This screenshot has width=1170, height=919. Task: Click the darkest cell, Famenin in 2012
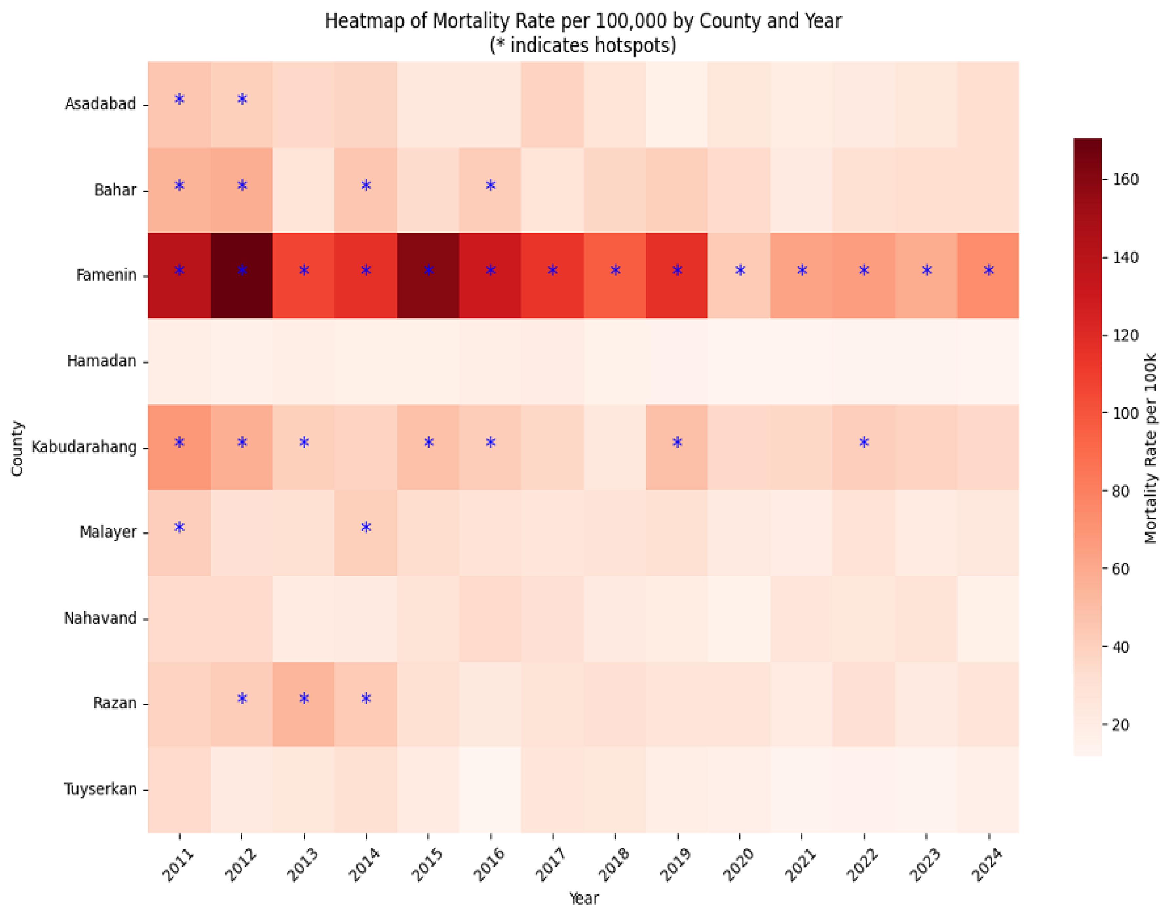pos(241,276)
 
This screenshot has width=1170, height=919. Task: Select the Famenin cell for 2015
pos(428,276)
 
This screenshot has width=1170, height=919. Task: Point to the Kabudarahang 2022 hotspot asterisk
pos(864,442)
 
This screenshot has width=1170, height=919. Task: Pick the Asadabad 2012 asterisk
pos(242,99)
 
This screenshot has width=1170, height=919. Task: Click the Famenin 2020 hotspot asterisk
pos(740,270)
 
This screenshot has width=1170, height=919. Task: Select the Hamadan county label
pos(102,361)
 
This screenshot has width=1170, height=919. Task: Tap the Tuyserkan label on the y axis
pos(101,789)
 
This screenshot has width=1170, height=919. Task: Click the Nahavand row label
pos(101,618)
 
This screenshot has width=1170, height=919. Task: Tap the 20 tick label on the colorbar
pos(1120,725)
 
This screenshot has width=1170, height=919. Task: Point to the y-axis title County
pos(17,448)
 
